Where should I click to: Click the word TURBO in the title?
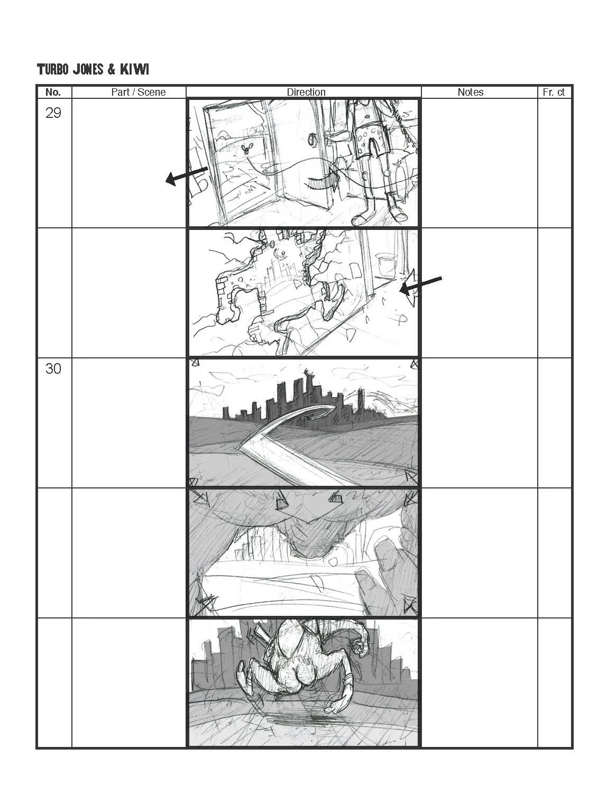click(52, 69)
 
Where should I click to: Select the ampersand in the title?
click(112, 69)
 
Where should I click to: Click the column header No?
click(53, 92)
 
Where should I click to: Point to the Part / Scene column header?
click(138, 92)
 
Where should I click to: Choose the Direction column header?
click(306, 92)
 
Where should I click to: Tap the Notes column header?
click(470, 92)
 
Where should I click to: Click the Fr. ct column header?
click(554, 92)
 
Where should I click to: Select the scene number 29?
click(53, 113)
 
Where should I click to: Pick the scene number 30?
click(53, 368)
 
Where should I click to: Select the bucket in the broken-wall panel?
click(385, 263)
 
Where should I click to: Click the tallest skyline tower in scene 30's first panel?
click(308, 394)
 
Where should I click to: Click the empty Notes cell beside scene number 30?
click(479, 422)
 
